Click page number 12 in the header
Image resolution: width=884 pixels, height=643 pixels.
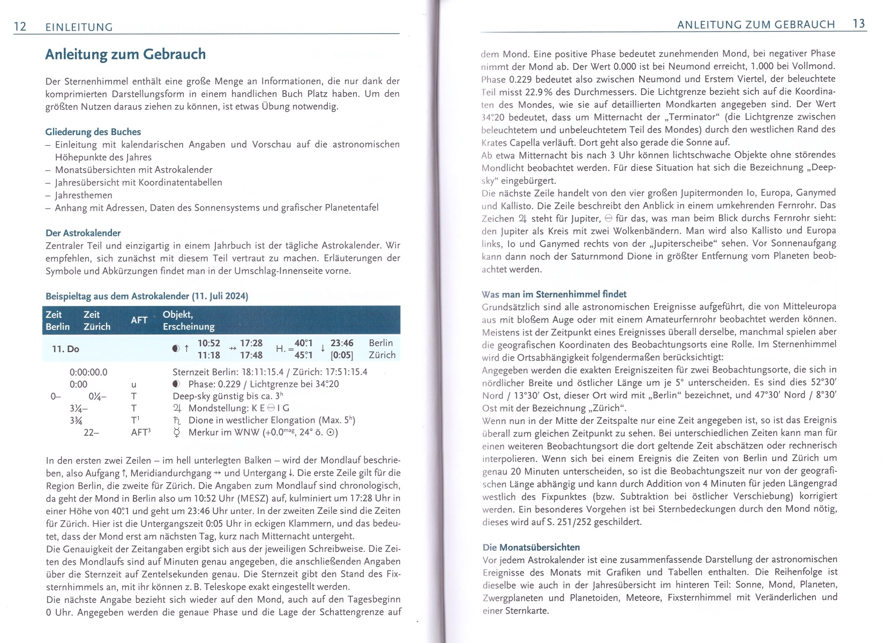click(x=20, y=26)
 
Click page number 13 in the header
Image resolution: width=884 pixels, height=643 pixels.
click(x=859, y=24)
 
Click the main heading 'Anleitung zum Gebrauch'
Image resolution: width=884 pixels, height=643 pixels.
click(x=125, y=55)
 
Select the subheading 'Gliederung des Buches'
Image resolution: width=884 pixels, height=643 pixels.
click(x=93, y=132)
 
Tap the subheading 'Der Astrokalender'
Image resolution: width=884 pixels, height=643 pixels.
click(x=83, y=233)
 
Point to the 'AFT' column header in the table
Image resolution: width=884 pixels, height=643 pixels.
click(x=139, y=320)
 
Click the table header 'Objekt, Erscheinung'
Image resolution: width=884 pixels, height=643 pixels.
click(x=189, y=320)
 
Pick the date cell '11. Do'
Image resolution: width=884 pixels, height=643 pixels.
click(x=65, y=349)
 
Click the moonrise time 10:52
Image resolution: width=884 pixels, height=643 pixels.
click(x=209, y=343)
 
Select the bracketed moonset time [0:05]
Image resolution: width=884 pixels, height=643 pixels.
click(x=342, y=355)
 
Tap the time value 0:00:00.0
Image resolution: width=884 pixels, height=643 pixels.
click(x=88, y=372)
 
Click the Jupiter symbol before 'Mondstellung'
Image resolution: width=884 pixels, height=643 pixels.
click(x=178, y=408)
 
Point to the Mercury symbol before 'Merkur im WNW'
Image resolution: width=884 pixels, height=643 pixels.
click(x=177, y=432)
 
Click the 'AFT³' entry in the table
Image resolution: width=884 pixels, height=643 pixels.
click(x=140, y=432)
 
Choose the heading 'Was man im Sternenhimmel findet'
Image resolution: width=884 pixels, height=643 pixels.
click(x=554, y=294)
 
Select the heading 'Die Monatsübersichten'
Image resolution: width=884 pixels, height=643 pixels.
click(x=531, y=547)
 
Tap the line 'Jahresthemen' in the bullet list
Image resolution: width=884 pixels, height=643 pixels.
click(x=84, y=195)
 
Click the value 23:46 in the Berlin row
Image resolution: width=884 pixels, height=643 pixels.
click(x=342, y=343)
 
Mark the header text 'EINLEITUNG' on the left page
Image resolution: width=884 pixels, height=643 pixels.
click(x=79, y=27)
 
